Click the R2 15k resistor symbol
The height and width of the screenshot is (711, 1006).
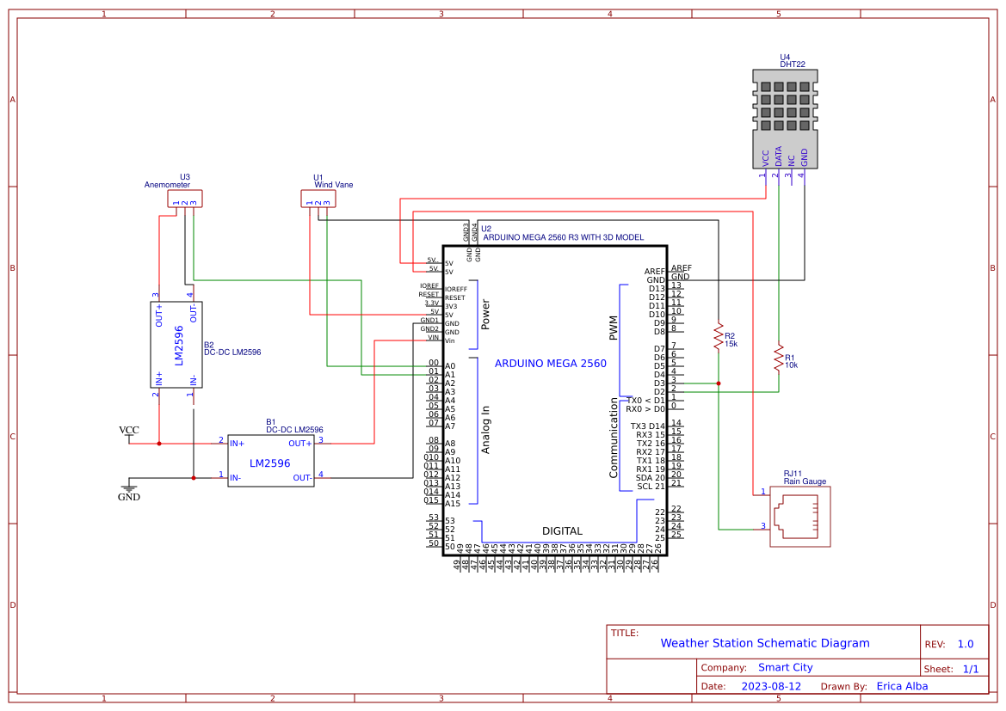[x=718, y=336]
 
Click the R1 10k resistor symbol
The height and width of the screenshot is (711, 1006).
[x=779, y=357]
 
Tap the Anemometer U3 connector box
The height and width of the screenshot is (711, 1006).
[x=185, y=199]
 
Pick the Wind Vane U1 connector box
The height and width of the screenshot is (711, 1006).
[x=318, y=199]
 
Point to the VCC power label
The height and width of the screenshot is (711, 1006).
[x=129, y=430]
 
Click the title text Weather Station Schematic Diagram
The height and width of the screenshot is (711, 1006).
[x=764, y=643]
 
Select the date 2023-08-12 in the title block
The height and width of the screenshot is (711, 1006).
[x=771, y=686]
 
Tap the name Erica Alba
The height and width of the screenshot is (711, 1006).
[x=902, y=686]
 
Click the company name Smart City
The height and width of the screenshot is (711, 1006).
[x=785, y=667]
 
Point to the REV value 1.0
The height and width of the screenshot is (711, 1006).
[x=966, y=644]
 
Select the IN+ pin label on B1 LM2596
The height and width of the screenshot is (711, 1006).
[x=238, y=444]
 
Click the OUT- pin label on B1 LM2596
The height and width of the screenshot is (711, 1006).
[x=302, y=478]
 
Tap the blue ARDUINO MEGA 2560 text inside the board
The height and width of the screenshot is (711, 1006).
[x=550, y=364]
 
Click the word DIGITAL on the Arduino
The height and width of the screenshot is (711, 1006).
[x=562, y=531]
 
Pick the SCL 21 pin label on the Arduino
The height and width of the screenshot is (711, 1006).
[x=651, y=487]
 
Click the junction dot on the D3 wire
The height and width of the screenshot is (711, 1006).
[x=718, y=383]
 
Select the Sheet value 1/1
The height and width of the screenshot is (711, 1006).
[x=970, y=669]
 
